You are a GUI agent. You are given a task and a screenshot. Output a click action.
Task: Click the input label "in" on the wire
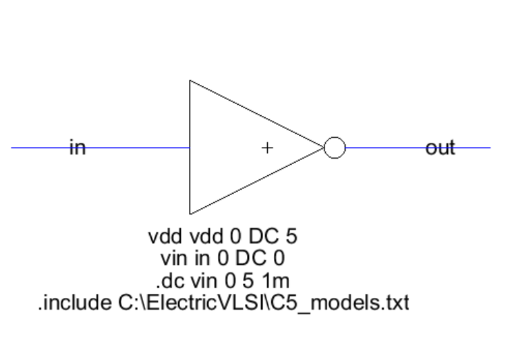pyautogui.click(x=77, y=147)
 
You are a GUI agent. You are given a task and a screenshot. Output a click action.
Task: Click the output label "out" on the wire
pyautogui.click(x=440, y=147)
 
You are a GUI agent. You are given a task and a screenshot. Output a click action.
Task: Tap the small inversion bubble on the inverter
pyautogui.click(x=334, y=148)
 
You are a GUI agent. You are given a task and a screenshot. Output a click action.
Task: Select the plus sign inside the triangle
pyautogui.click(x=267, y=148)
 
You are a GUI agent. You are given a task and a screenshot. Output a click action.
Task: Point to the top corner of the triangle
pyautogui.click(x=190, y=81)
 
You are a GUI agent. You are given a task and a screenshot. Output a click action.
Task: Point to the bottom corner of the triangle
pyautogui.click(x=190, y=213)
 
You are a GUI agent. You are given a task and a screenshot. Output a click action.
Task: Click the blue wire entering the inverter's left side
pyautogui.click(x=138, y=148)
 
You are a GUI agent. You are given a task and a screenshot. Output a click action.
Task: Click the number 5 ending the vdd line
pyautogui.click(x=291, y=237)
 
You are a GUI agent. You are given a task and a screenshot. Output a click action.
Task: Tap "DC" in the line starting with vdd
pyautogui.click(x=263, y=237)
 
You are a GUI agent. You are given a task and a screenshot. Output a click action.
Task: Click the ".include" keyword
pyautogui.click(x=71, y=303)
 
